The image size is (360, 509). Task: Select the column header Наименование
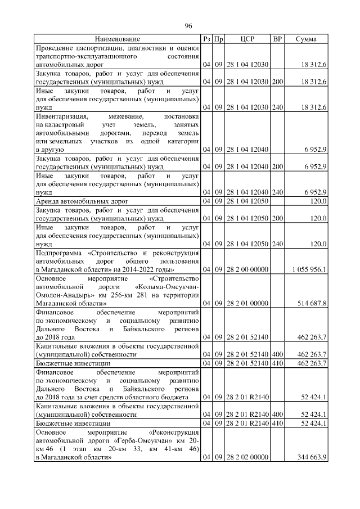117,39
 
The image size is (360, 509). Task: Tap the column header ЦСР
247,39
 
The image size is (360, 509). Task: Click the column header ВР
277,39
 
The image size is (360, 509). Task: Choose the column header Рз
208,39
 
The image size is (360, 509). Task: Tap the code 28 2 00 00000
247,269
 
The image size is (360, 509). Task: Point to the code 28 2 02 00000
247,458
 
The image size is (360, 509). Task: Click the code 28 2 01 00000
247,303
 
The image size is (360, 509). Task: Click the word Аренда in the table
49,201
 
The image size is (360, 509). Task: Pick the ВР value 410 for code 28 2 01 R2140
277,423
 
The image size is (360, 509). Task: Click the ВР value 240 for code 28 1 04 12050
277,244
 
